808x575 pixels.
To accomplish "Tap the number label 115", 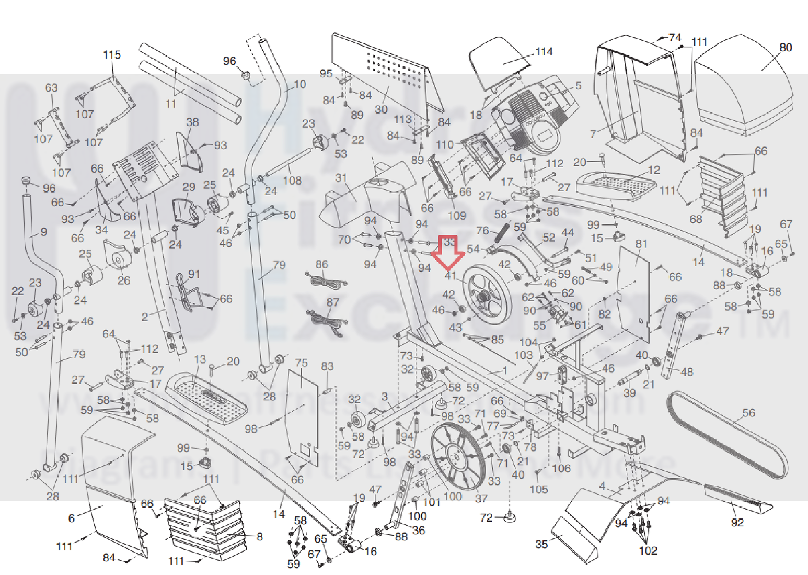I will (112, 55).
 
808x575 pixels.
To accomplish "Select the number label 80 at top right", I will (786, 48).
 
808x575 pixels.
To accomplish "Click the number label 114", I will (544, 52).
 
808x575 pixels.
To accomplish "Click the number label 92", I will (737, 522).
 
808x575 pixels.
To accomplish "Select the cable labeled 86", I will (325, 281).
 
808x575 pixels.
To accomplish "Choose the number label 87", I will (333, 302).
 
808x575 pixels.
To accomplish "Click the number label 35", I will (541, 544).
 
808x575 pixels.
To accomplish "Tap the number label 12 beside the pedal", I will (654, 171).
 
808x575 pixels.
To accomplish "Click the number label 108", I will (292, 181).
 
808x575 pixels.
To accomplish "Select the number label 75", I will (301, 363).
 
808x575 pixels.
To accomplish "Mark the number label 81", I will (641, 244).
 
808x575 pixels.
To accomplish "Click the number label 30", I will (381, 109).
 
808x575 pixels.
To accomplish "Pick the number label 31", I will (341, 178).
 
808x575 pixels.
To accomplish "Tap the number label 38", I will (192, 122).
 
